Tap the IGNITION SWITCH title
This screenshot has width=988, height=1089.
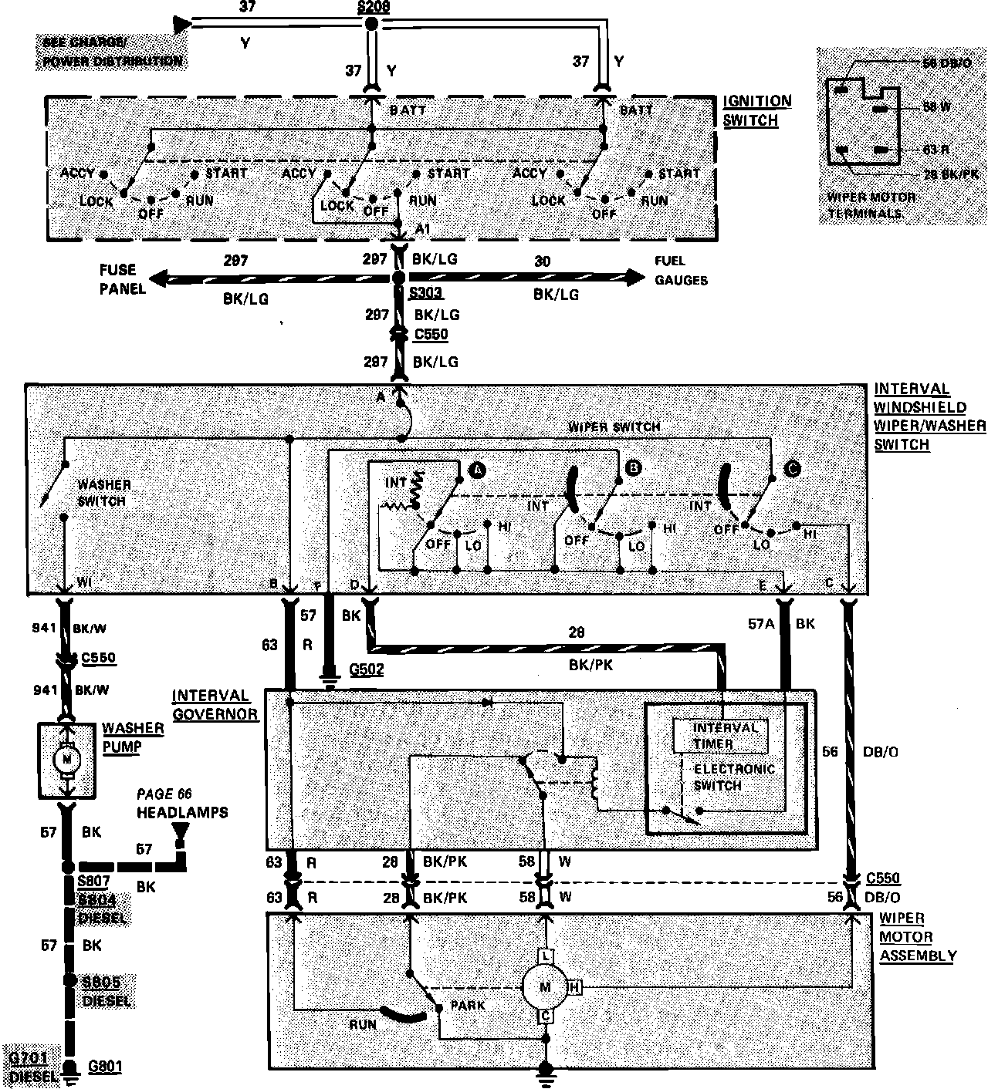757,110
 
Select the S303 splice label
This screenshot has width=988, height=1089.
426,294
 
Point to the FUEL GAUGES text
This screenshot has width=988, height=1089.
681,271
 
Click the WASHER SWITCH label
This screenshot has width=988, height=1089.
104,493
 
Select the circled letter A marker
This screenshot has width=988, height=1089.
476,469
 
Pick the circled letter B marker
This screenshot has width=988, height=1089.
634,467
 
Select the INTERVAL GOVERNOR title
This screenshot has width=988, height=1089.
215,705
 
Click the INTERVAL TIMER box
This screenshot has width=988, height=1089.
720,736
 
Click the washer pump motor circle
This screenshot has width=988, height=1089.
66,760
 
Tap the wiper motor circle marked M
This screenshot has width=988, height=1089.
545,986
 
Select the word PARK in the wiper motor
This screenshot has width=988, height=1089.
468,1005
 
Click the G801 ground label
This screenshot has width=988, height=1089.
105,1067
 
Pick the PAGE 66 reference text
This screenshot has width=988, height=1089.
164,794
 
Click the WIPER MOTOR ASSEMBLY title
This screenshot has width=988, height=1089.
917,937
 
